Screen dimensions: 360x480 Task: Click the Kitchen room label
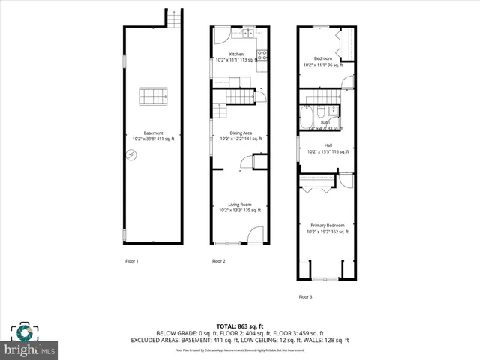click(237, 55)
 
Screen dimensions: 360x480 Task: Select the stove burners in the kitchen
click(262, 53)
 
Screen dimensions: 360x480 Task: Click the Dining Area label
click(241, 133)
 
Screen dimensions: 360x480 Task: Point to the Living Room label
click(241, 205)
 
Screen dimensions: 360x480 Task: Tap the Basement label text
click(153, 133)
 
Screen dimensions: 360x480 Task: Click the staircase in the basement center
click(153, 97)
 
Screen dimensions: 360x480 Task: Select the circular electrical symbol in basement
click(132, 155)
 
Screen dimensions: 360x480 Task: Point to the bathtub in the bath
click(307, 118)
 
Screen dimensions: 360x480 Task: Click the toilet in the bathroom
click(321, 113)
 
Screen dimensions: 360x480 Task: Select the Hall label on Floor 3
click(328, 145)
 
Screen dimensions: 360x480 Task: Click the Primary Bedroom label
click(328, 225)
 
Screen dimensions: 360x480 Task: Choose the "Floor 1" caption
click(132, 261)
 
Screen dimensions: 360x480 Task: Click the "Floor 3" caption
click(305, 297)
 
